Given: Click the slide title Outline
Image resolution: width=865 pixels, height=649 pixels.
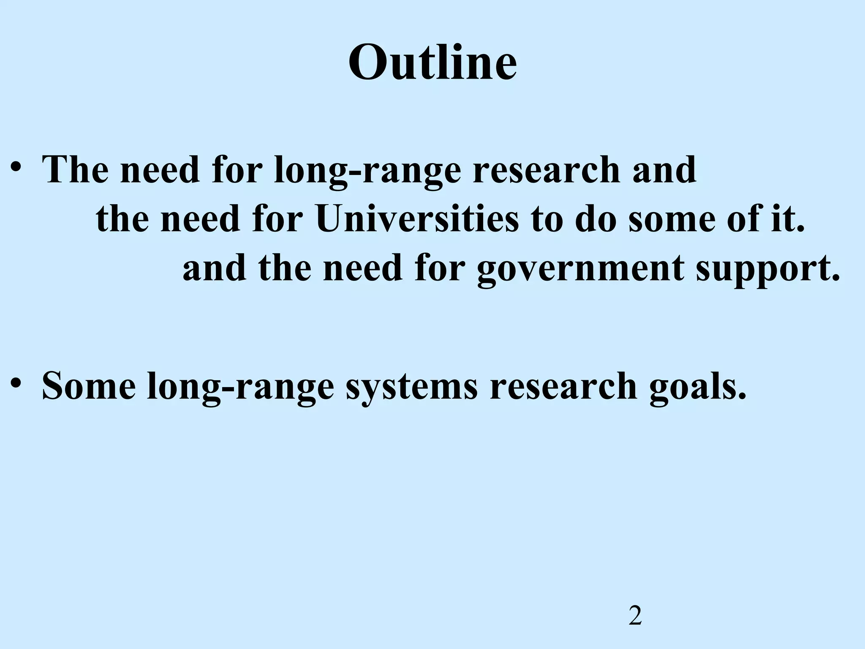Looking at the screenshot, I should (x=432, y=62).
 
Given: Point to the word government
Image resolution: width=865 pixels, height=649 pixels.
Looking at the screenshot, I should (x=580, y=269).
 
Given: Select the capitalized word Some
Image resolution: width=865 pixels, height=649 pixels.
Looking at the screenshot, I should (x=89, y=385).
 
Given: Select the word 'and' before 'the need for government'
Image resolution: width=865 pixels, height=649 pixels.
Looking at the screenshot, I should (x=215, y=268).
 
